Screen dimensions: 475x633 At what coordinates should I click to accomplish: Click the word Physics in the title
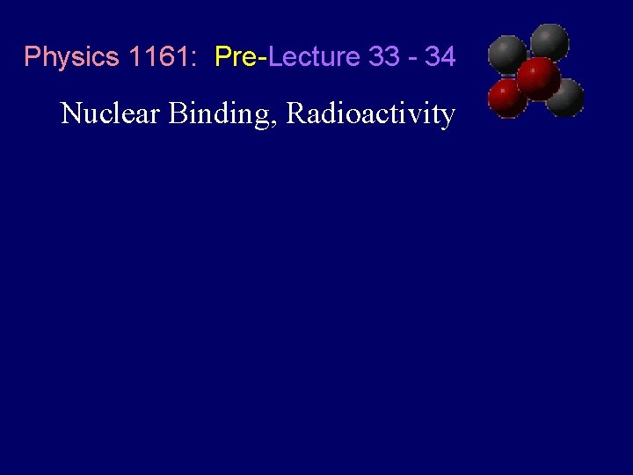pos(71,57)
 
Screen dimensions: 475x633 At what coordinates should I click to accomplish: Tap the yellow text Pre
pos(235,57)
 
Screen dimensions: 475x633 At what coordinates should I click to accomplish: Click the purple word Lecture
pos(314,57)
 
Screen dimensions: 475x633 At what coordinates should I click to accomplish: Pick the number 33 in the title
pos(383,57)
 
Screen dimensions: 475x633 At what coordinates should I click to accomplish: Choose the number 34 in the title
pos(440,57)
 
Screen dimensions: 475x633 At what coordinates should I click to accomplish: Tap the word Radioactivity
pos(370,114)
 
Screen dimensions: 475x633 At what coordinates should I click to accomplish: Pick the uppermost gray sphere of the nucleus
pos(549,40)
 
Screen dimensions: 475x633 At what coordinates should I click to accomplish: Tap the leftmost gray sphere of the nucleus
pos(507,55)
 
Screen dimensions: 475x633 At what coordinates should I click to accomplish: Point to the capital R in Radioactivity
pos(297,113)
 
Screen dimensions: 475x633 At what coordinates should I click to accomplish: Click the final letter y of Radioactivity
pos(447,117)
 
